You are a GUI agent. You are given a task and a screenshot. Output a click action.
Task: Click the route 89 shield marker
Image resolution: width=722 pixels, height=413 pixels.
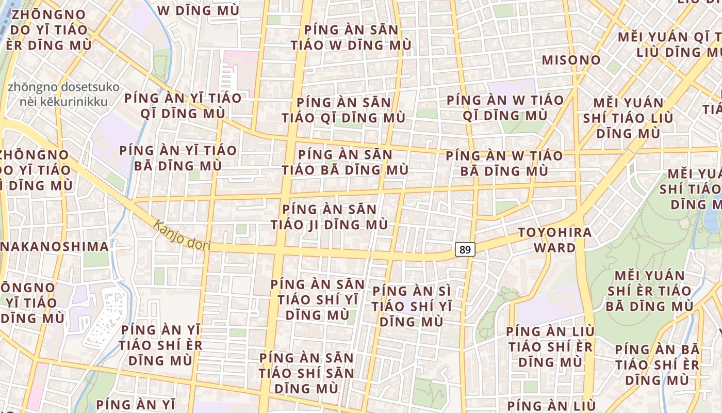[465, 250]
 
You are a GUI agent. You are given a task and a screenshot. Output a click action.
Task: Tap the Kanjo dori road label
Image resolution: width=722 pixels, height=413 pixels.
[182, 235]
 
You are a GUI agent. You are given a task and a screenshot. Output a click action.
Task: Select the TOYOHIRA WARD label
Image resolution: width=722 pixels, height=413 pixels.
[555, 240]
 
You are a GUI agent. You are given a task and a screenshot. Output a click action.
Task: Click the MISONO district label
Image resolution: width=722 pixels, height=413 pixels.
[571, 60]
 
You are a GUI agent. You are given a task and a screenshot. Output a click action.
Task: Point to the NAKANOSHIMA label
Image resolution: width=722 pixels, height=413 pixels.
[55, 246]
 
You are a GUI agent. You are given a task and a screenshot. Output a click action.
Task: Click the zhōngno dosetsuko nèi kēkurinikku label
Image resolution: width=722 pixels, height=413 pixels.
[63, 94]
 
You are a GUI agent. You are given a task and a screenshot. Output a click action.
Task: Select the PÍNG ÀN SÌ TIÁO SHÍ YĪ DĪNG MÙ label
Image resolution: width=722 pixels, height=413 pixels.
[412, 306]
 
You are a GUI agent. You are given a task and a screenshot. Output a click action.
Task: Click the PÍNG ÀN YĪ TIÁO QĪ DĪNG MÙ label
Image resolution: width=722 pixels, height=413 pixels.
[183, 106]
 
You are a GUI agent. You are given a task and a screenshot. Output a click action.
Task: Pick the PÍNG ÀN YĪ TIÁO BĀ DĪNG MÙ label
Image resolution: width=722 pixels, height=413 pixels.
[178, 158]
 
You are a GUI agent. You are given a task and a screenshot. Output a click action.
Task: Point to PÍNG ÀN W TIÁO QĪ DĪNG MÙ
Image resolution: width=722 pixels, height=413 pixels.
[505, 107]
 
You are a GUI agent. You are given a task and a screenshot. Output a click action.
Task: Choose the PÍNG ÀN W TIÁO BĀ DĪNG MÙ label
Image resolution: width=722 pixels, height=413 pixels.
[504, 163]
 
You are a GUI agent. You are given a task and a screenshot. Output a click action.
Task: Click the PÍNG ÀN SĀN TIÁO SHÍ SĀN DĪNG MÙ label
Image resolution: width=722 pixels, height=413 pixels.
[306, 373]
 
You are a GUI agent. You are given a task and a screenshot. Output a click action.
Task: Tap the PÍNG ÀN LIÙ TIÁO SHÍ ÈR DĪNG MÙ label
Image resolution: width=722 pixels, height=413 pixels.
[550, 346]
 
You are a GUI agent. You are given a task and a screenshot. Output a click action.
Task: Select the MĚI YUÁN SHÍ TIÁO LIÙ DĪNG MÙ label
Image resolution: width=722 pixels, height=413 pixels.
[628, 118]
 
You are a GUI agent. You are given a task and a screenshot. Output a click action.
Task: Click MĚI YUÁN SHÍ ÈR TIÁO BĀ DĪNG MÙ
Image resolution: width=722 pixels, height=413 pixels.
[649, 291]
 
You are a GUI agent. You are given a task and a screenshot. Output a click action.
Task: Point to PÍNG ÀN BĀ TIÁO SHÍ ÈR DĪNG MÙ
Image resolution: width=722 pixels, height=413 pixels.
[657, 364]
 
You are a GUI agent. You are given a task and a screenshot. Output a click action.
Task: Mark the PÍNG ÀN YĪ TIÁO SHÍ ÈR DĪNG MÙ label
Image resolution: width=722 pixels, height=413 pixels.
[160, 345]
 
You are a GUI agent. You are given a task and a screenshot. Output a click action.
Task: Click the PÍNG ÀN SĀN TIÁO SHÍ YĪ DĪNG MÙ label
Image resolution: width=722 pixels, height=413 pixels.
[317, 299]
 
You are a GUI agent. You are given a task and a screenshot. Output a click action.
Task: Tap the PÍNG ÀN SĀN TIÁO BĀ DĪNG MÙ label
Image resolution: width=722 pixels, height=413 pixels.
[345, 162]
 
